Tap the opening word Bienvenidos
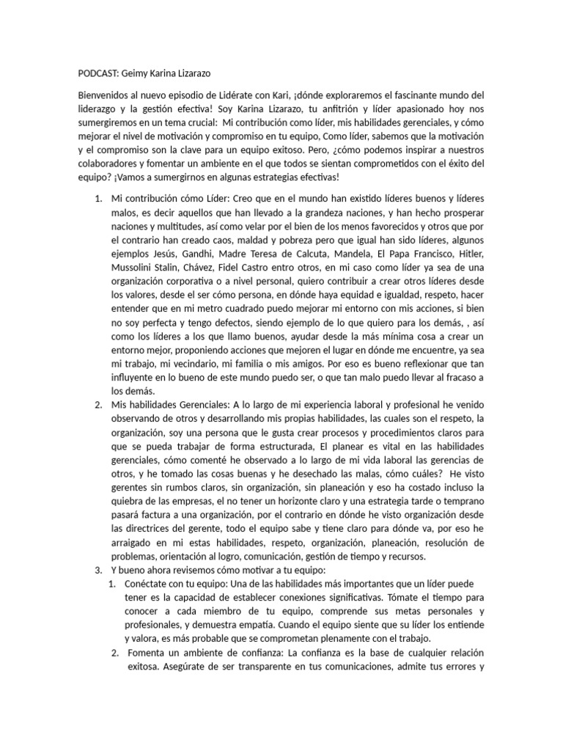click(x=106, y=96)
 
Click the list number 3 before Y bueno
click(x=98, y=571)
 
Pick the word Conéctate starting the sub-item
click(x=150, y=585)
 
